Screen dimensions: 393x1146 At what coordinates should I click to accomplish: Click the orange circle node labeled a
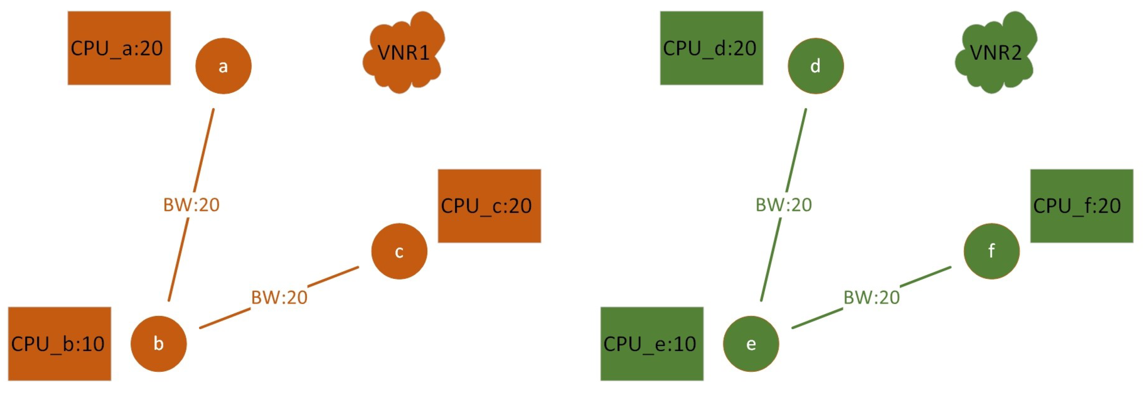point(223,66)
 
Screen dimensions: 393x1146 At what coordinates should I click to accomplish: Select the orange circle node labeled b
point(158,343)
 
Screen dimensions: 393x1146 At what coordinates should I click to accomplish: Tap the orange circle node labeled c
point(399,251)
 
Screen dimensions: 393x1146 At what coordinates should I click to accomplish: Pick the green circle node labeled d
point(816,66)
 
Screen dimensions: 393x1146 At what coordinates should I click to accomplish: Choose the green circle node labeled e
point(751,343)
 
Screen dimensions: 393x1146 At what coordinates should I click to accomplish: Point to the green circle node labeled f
point(992,251)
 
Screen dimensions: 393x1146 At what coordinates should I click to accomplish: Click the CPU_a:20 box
point(119,48)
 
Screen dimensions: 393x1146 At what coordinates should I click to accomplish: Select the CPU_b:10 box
point(59,343)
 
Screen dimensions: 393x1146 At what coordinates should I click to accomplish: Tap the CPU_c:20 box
point(489,206)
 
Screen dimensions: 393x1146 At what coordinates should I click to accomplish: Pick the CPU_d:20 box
point(711,48)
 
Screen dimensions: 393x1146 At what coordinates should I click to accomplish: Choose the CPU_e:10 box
point(652,343)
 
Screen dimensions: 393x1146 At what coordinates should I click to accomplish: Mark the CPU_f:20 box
point(1081,206)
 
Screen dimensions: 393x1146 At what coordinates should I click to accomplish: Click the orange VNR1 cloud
point(403,53)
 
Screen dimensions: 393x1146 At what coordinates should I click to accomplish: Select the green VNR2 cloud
point(996,53)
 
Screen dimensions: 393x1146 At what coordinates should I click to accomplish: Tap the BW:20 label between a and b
point(191,205)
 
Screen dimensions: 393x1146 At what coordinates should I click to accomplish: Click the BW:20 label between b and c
point(279,297)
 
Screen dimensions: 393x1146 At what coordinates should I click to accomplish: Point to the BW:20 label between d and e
point(784,205)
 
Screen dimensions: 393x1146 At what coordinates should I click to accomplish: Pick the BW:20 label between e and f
point(871,297)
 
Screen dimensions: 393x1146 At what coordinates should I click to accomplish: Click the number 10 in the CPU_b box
point(93,343)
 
